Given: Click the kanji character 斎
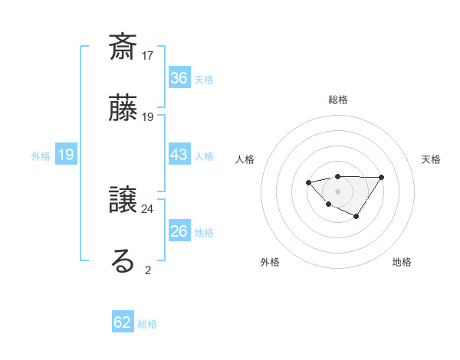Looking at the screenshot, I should (x=123, y=47).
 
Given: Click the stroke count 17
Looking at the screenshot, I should (x=148, y=56).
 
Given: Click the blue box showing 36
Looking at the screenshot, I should (x=179, y=78).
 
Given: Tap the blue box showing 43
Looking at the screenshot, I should (x=179, y=155).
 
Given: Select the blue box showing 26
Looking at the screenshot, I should (x=179, y=231).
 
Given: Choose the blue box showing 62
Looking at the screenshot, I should (x=123, y=322).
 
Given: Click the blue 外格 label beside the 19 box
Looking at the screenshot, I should (x=41, y=155).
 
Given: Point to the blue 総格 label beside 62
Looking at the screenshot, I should (x=147, y=324).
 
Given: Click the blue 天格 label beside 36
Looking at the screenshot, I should (x=204, y=79).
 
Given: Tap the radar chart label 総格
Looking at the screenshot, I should (x=337, y=100).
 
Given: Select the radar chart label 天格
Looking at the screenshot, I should (x=431, y=159).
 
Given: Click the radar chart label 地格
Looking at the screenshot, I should (x=402, y=262).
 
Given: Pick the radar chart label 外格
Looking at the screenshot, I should (x=270, y=262).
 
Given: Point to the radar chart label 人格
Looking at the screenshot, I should (x=245, y=159).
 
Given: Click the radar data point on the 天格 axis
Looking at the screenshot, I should (x=382, y=177).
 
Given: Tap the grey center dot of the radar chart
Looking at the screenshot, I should (x=337, y=191).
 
